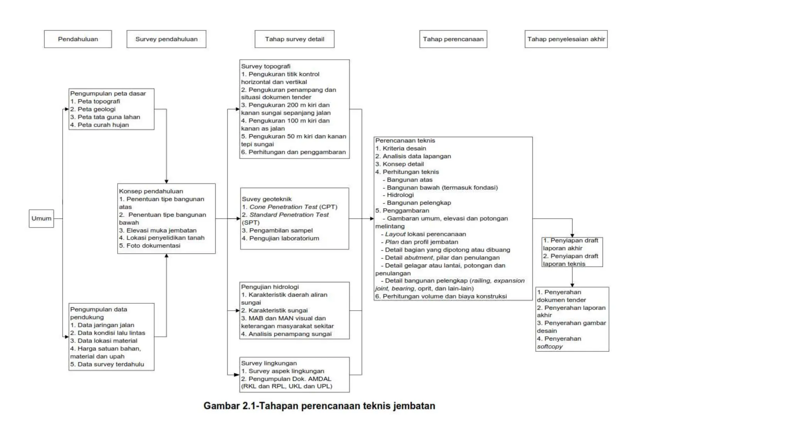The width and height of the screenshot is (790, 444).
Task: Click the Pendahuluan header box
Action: pos(78,39)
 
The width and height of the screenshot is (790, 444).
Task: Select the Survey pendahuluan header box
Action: pos(166,39)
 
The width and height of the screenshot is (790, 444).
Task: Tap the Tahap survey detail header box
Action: pos(294,39)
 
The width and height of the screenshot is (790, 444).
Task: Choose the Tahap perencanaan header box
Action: pos(453,39)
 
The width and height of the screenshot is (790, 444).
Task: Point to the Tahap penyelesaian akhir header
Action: pos(566,39)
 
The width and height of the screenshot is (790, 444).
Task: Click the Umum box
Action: pos(41,219)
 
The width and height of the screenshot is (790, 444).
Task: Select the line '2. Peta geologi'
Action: pos(93,109)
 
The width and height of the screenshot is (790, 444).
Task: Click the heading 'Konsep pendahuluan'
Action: pos(151,191)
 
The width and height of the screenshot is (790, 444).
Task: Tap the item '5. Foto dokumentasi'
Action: pos(150,246)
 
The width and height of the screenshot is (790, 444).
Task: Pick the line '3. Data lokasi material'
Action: pos(104,341)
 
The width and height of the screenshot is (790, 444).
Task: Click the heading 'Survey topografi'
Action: pos(266,66)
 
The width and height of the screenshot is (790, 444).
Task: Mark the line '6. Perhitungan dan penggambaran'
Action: pos(294,152)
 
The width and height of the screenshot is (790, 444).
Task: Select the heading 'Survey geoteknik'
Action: pos(267,199)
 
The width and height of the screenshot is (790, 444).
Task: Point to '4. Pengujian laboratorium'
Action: pos(280,238)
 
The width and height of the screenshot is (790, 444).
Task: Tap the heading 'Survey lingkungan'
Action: pos(269,363)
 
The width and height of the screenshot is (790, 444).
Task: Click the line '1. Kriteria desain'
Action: pos(401,148)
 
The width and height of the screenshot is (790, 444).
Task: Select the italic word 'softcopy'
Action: pos(550,346)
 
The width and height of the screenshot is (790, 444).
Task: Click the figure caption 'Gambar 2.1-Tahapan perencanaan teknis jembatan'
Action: pos(319,406)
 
